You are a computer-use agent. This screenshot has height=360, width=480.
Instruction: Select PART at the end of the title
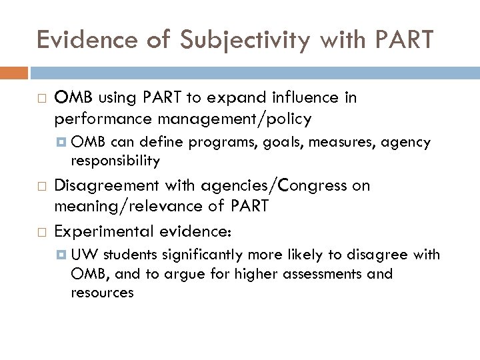[x=398, y=41]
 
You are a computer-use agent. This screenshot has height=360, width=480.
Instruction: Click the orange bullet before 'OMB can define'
[x=61, y=143]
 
